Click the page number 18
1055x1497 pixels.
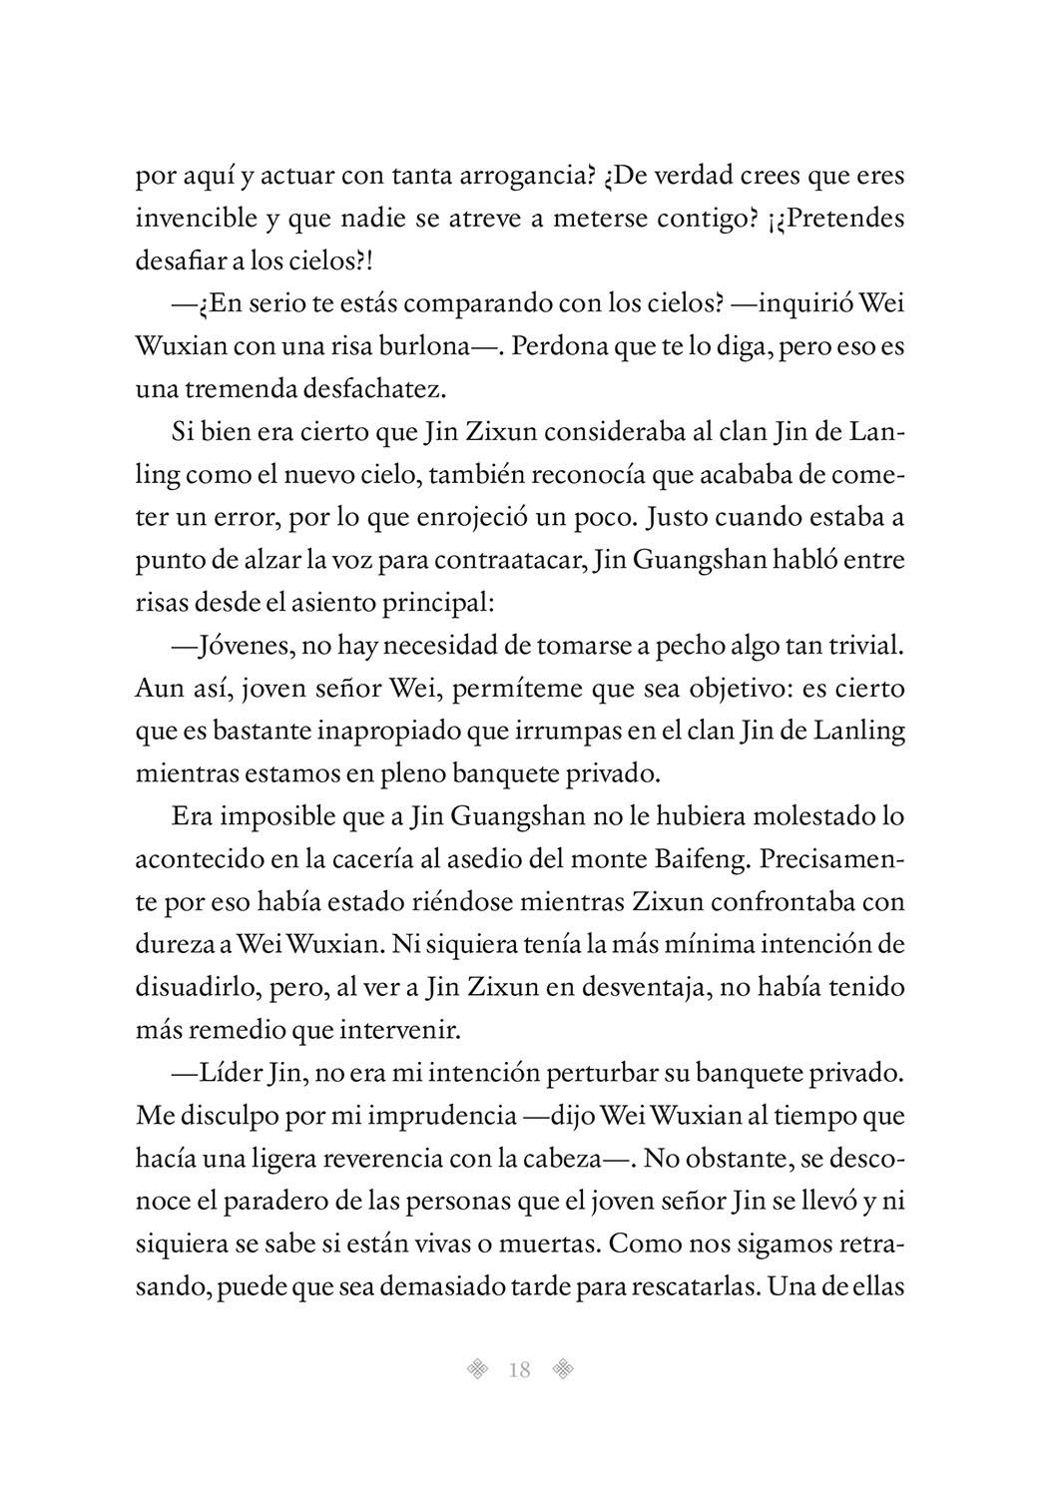tap(519, 1370)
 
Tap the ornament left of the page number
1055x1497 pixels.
tap(479, 1370)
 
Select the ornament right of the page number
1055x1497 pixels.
tap(565, 1370)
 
